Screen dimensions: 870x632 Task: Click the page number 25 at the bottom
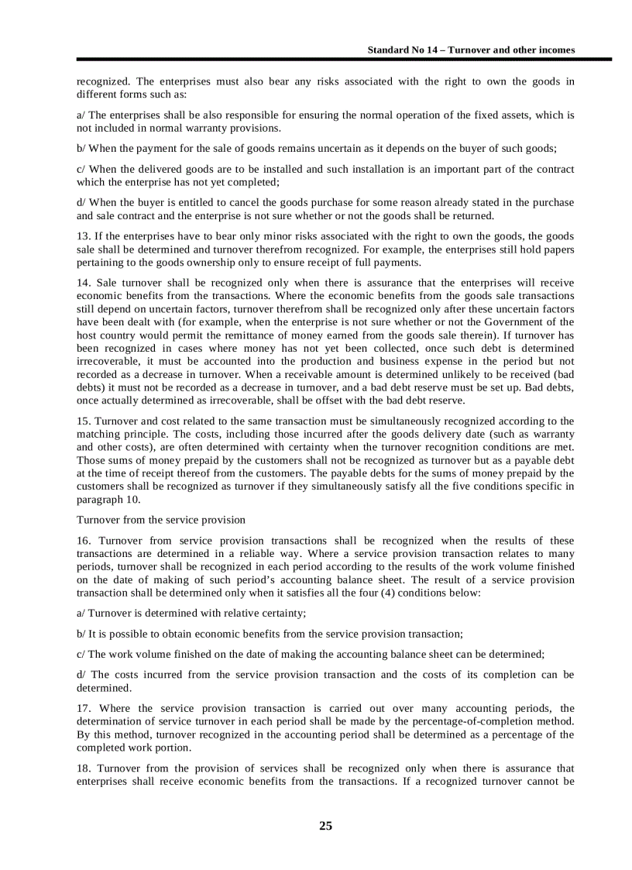tap(325, 826)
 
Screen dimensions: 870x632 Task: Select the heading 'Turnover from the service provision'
tap(160, 520)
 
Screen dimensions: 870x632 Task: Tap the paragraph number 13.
tap(83, 236)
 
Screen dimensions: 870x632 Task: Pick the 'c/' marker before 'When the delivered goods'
tap(81, 169)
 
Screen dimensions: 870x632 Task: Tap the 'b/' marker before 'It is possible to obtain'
tap(81, 634)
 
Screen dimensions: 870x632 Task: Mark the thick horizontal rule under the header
tap(344, 60)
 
